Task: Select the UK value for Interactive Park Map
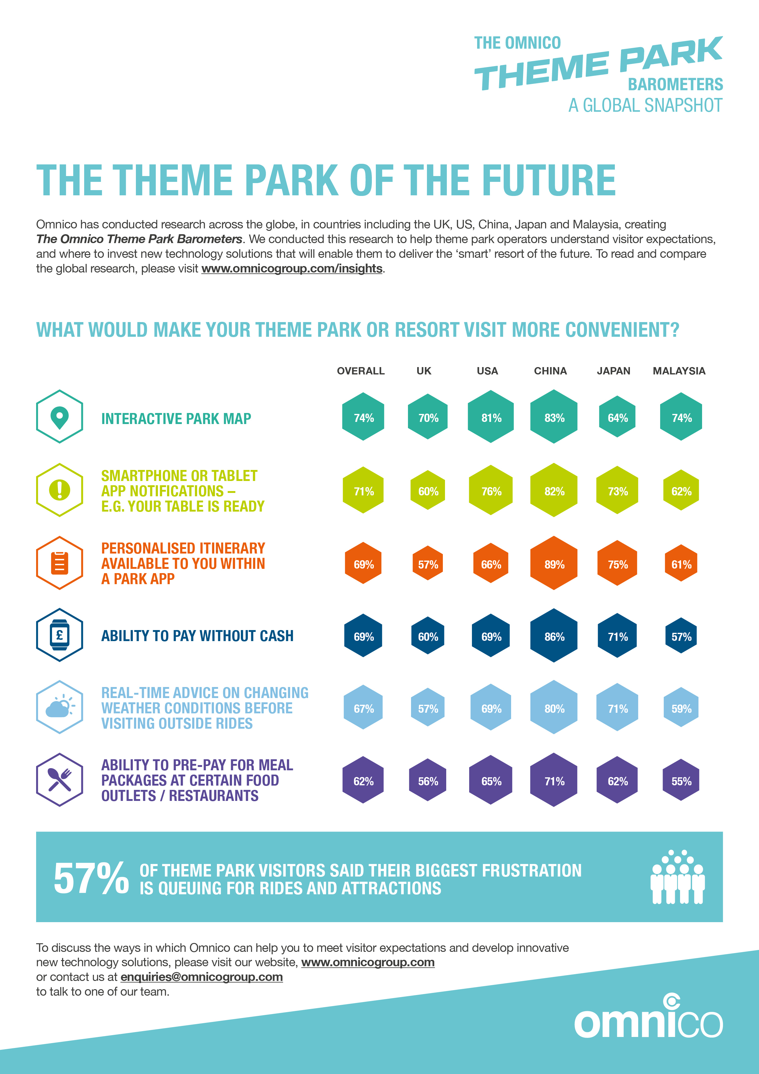pos(428,417)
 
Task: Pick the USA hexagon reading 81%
pos(491,417)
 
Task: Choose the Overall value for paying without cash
pos(363,636)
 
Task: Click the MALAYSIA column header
pos(679,371)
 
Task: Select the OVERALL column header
pos(361,371)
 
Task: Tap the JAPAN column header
pos(613,371)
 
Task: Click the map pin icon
pos(59,417)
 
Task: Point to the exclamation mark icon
pos(59,490)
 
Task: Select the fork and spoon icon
pos(59,780)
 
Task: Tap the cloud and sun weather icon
pos(59,707)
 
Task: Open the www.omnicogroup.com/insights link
pos(292,268)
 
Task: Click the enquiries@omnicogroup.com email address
pos(202,977)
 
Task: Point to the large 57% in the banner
pos(91,879)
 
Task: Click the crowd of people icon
pos(678,877)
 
